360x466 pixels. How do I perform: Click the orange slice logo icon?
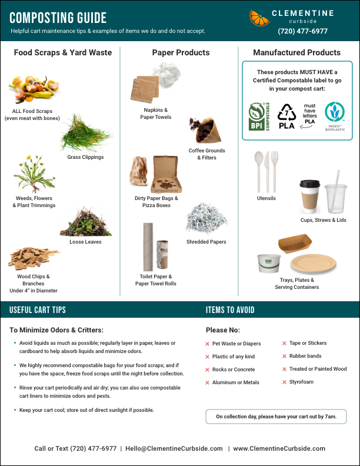coord(259,18)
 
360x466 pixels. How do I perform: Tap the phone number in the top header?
coord(303,31)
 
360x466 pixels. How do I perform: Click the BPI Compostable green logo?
coord(258,116)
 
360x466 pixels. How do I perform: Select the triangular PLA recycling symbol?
coord(286,115)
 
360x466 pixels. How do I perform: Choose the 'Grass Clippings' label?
coord(85,157)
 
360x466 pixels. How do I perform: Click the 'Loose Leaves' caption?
coord(85,242)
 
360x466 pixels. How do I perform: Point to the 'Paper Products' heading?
coord(181,53)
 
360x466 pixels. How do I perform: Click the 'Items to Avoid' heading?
coord(230,310)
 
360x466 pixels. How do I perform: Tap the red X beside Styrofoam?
coord(284,382)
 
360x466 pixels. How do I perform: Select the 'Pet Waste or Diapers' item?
coord(236,344)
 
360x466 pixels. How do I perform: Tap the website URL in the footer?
coord(279,448)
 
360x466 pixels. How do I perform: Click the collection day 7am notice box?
coord(276,417)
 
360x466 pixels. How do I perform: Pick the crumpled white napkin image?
coord(167,73)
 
